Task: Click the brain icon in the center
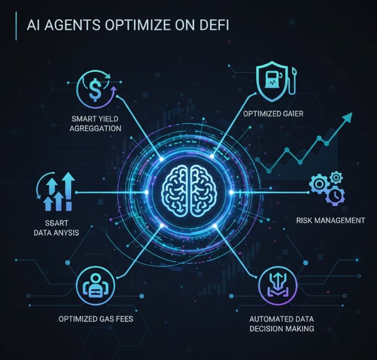pyautogui.click(x=188, y=191)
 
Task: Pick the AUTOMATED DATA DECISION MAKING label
pyautogui.click(x=281, y=324)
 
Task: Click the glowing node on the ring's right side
pyautogui.click(x=231, y=192)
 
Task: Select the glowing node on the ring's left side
pyautogui.click(x=147, y=192)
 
